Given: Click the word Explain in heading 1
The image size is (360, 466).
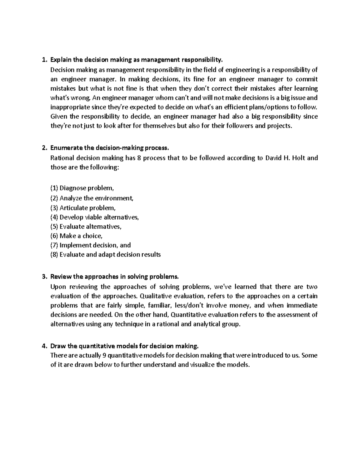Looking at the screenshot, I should [61, 60].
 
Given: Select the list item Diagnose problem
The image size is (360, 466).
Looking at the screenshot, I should [87, 188].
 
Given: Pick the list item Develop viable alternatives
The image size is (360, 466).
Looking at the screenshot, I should [99, 217].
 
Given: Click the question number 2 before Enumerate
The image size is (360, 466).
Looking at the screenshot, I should [44, 148].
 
